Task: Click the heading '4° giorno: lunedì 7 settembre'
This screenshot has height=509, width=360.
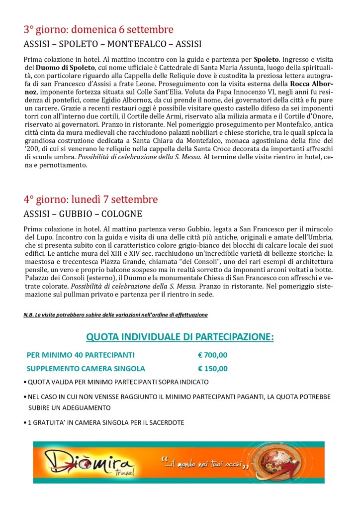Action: pyautogui.click(x=90, y=200)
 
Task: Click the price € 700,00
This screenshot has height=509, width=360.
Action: pyautogui.click(x=212, y=355)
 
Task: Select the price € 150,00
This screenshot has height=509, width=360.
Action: pyautogui.click(x=212, y=369)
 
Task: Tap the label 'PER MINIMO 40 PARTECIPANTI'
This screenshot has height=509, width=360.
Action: pyautogui.click(x=81, y=355)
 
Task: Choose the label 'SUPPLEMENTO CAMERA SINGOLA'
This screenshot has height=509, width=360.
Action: pyautogui.click(x=86, y=369)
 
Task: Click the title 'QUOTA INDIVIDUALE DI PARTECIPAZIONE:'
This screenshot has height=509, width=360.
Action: pyautogui.click(x=180, y=337)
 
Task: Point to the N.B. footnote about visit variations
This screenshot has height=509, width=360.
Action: pyautogui.click(x=115, y=315)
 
